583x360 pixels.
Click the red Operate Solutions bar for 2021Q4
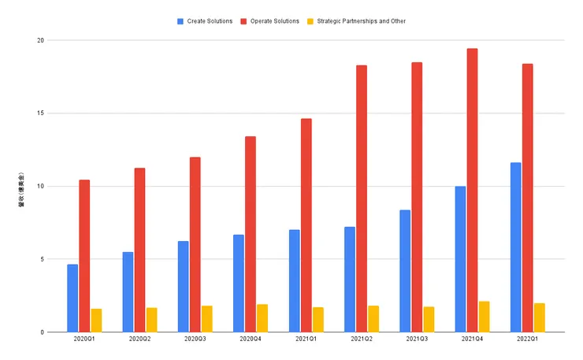click(x=472, y=190)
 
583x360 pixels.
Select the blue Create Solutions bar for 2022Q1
click(x=515, y=247)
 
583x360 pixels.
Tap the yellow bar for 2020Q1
click(x=96, y=321)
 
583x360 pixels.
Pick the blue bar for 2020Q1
click(x=72, y=298)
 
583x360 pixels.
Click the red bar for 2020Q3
click(x=195, y=244)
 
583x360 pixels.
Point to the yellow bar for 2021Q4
click(x=484, y=317)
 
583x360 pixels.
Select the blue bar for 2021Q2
click(x=350, y=279)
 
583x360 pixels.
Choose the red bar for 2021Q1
click(x=306, y=225)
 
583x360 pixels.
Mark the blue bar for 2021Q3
click(x=405, y=271)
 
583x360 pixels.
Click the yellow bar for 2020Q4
click(x=262, y=318)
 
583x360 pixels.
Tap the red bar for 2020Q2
click(x=139, y=250)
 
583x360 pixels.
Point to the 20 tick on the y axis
click(x=40, y=40)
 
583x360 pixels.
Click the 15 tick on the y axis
click(x=40, y=113)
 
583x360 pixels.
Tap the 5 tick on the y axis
click(x=42, y=259)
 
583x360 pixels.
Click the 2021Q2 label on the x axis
click(x=362, y=340)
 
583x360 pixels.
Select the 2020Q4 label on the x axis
click(x=251, y=340)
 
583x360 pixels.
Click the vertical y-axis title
click(x=21, y=189)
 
